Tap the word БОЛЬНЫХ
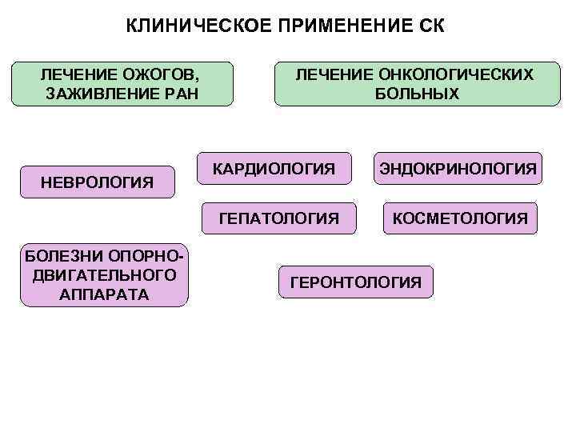[x=418, y=94]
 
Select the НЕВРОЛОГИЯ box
[x=97, y=182]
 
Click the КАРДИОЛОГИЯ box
[x=274, y=169]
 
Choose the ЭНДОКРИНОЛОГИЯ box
[x=457, y=169]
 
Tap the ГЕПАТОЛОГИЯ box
[x=278, y=217]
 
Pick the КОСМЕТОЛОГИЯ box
[x=459, y=217]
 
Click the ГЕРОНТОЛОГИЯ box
[x=355, y=282]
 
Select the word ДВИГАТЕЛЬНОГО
[x=104, y=275]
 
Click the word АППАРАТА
[x=104, y=294]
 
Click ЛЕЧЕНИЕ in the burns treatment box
[x=78, y=74]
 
